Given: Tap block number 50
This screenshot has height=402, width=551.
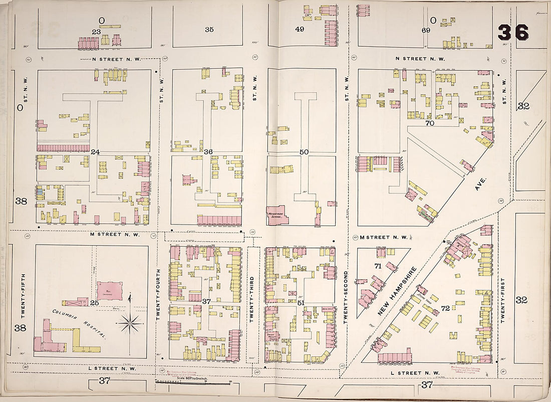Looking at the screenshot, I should [304, 152].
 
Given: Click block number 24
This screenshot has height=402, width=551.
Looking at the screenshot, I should [95, 151].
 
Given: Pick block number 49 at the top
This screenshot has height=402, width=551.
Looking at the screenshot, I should [300, 29].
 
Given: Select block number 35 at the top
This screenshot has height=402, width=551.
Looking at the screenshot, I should [209, 29].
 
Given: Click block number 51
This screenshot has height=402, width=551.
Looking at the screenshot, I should [301, 302].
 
